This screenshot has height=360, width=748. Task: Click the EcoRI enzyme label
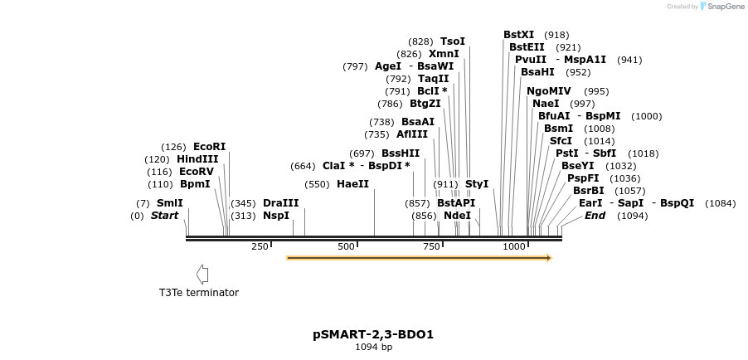(x=209, y=147)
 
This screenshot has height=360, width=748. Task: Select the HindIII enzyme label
(x=197, y=159)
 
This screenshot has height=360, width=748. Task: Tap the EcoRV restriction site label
(x=197, y=172)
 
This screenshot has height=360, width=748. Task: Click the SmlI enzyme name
(x=170, y=203)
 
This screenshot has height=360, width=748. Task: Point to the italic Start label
(x=164, y=216)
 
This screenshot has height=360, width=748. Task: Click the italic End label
(x=595, y=216)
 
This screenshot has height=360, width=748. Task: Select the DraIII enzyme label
(x=280, y=203)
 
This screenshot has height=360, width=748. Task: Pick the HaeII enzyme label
(x=352, y=184)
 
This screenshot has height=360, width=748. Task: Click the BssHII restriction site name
(x=401, y=153)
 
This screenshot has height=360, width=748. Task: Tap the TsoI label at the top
(x=453, y=41)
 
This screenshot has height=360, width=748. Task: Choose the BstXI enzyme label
(x=519, y=35)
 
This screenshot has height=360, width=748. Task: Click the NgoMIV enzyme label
(x=549, y=91)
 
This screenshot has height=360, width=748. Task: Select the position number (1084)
(x=720, y=203)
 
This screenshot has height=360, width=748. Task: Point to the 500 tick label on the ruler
(x=347, y=246)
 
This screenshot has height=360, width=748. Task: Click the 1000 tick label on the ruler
(x=514, y=246)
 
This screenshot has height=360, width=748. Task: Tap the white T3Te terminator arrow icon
(x=202, y=275)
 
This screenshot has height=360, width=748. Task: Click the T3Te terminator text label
(x=199, y=293)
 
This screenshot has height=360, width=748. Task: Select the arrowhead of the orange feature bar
(x=548, y=258)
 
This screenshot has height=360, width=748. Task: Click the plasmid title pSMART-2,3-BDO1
(x=373, y=335)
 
